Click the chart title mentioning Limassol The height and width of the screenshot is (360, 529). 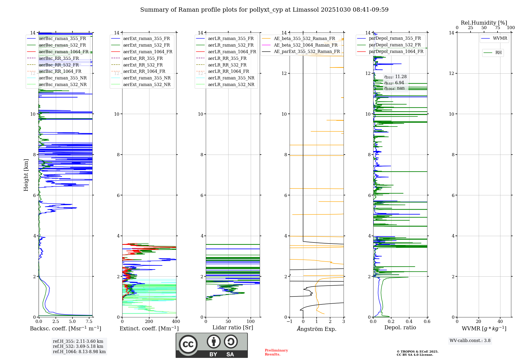pos(264,10)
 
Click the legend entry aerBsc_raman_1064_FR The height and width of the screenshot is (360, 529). pos(63,52)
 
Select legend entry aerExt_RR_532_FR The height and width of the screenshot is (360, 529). pos(143,65)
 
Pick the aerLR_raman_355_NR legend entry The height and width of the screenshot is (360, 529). pos(231,78)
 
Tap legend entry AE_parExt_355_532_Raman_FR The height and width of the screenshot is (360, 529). pos(307,51)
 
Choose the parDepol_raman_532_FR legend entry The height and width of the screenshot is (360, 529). pos(395,45)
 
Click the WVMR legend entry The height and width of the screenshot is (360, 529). pos(500,38)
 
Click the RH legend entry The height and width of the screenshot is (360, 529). pos(498,53)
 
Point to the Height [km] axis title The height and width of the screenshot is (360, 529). pos(26,175)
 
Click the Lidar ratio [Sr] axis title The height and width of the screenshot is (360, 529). pos(233,327)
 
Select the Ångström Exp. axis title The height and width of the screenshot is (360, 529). pos(317,329)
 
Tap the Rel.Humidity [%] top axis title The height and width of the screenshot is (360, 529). pos(484,23)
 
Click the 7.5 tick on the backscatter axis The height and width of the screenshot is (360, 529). pos(89,322)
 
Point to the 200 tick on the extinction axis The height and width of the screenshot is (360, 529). pos(149,322)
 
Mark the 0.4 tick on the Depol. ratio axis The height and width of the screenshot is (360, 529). pos(409,322)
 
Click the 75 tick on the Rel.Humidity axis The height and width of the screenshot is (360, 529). pos(497,28)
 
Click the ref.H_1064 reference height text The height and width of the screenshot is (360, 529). pos(79,352)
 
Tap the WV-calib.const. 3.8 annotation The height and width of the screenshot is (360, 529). pos(470,341)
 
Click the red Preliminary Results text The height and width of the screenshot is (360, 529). pos(276,352)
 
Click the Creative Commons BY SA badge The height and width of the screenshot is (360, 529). pos(212,345)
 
